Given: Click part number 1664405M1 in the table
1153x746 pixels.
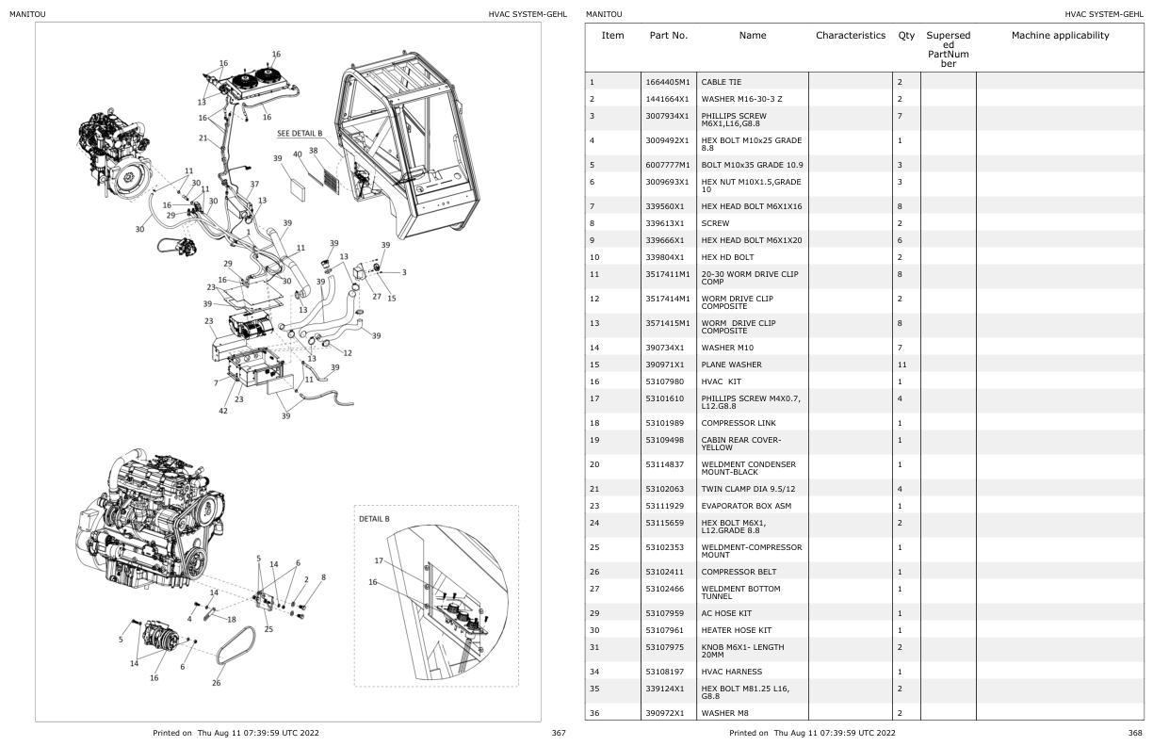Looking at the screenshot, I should [x=668, y=82].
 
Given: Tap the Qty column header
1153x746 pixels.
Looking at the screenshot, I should [x=906, y=36].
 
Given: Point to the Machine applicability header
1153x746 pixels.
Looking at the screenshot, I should [x=1060, y=36].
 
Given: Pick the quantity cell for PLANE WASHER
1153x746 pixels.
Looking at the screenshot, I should [x=900, y=365].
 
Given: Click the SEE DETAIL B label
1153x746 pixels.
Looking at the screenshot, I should [x=300, y=134].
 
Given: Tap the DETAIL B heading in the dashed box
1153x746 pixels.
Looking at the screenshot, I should [x=374, y=519].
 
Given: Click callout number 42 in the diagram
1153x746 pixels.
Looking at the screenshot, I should [x=222, y=411].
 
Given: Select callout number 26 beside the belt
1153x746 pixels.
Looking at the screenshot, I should [x=216, y=683].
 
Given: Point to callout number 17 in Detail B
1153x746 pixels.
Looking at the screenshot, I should [x=379, y=560].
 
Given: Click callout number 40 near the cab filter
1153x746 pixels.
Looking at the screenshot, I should [x=298, y=154].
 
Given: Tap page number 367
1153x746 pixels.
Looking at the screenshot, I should [x=558, y=733].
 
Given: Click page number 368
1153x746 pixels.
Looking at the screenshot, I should [x=1134, y=733].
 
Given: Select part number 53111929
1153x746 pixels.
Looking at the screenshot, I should [x=664, y=506].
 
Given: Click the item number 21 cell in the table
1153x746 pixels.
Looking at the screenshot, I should [x=592, y=490].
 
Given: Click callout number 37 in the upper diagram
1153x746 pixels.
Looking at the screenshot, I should [x=254, y=184].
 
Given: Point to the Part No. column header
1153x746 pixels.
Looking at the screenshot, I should [x=669, y=36].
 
